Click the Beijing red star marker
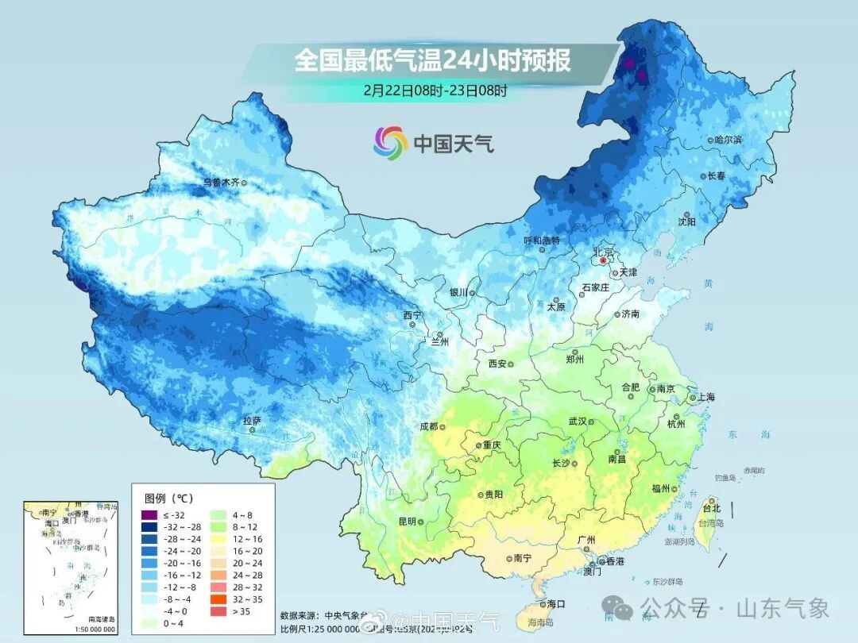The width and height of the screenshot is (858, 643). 603,260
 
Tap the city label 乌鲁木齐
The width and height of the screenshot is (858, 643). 220,183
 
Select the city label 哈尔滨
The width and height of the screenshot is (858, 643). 728,139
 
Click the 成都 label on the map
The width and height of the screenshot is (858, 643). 428,426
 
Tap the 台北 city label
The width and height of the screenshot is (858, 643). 711,508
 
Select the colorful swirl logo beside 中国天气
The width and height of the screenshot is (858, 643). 390,142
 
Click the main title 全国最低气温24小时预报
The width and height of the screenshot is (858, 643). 432,60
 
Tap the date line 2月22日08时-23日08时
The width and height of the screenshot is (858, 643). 435,90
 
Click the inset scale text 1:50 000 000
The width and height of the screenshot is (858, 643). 91,630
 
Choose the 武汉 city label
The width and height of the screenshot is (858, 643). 577,422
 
